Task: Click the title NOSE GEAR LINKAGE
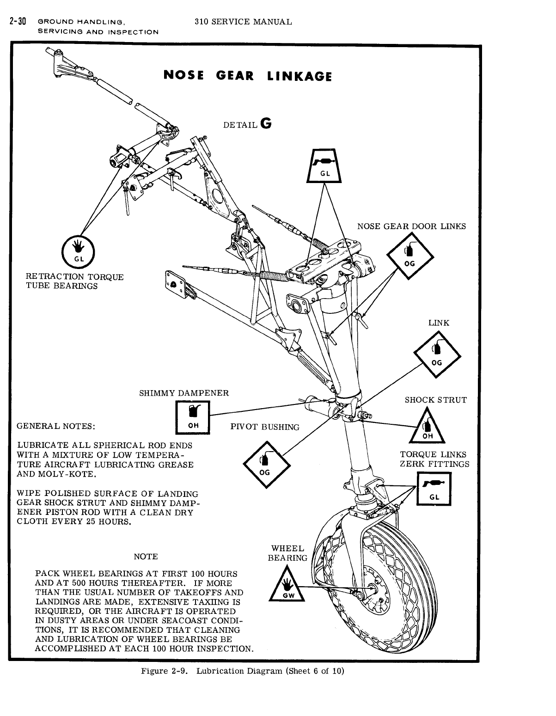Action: click(248, 76)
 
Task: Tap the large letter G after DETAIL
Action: click(266, 124)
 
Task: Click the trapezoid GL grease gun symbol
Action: click(324, 166)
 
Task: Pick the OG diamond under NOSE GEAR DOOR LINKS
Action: click(409, 257)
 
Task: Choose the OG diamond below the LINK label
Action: click(437, 355)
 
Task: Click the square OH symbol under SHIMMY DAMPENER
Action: click(193, 417)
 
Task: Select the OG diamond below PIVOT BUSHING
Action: click(265, 465)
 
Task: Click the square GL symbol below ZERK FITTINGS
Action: click(434, 489)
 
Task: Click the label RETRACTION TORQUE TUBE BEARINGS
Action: click(74, 282)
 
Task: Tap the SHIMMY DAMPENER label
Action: click(184, 393)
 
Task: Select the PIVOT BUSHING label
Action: click(265, 427)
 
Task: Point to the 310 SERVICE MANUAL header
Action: click(243, 22)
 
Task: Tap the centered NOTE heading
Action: click(146, 557)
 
